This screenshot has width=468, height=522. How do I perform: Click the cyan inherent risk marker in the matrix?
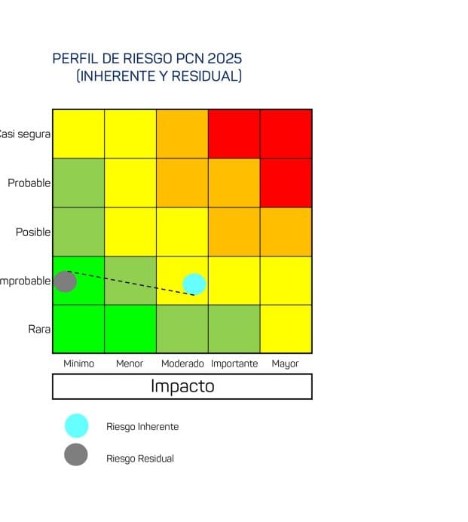(194, 284)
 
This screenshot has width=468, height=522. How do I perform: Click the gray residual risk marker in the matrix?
(66, 281)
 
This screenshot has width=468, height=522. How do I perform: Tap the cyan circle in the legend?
(76, 426)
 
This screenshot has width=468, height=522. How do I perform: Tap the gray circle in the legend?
(76, 455)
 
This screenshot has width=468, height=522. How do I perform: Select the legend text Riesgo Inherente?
(142, 427)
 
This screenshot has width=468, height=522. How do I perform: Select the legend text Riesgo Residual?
(140, 459)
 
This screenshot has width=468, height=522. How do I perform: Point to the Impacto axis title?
(182, 386)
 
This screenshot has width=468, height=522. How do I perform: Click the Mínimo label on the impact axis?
(79, 364)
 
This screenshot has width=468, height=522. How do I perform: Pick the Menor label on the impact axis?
(130, 364)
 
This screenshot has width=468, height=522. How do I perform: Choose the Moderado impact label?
(182, 364)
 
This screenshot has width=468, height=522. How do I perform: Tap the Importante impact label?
(234, 364)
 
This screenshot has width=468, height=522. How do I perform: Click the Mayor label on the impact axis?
(286, 364)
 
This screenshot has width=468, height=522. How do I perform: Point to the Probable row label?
(29, 183)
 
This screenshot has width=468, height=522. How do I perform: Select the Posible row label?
(33, 232)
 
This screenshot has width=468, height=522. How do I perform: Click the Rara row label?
(39, 330)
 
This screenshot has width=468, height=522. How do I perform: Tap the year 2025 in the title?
(225, 59)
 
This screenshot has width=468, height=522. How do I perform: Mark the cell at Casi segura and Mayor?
(286, 134)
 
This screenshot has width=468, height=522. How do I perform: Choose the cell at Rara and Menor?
(130, 329)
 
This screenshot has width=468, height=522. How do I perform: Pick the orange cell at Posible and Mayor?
(286, 232)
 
